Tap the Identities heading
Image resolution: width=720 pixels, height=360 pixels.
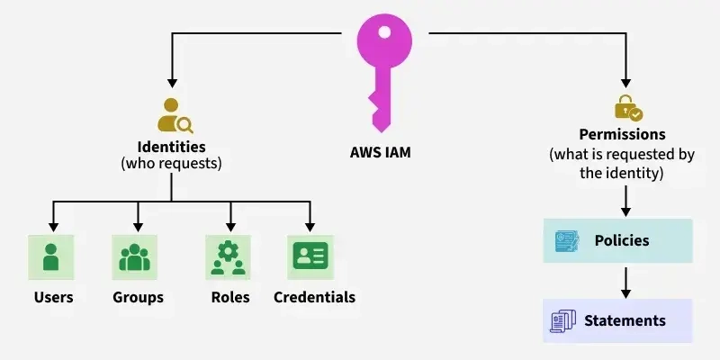pos(171,147)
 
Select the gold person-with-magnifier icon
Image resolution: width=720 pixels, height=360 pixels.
pos(175,115)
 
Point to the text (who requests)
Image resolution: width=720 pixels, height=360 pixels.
pos(171,164)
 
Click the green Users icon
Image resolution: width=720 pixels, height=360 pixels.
pos(51,256)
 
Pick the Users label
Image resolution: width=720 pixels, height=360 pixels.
pos(53,297)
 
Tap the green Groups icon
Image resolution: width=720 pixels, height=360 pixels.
pos(135,256)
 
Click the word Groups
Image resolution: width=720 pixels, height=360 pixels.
pos(138,297)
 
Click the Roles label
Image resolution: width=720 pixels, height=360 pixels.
pos(230,297)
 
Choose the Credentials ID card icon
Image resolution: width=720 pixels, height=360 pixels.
pos(310,256)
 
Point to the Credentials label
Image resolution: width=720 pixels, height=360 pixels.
pos(314,297)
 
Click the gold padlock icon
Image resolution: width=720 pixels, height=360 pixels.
pos(627,108)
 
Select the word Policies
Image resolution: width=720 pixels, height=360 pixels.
pos(622,240)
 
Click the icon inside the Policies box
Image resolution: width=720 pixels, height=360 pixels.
pos(567,240)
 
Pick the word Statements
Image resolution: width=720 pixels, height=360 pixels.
pos(625,320)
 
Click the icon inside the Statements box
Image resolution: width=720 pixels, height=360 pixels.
pos(563,320)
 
